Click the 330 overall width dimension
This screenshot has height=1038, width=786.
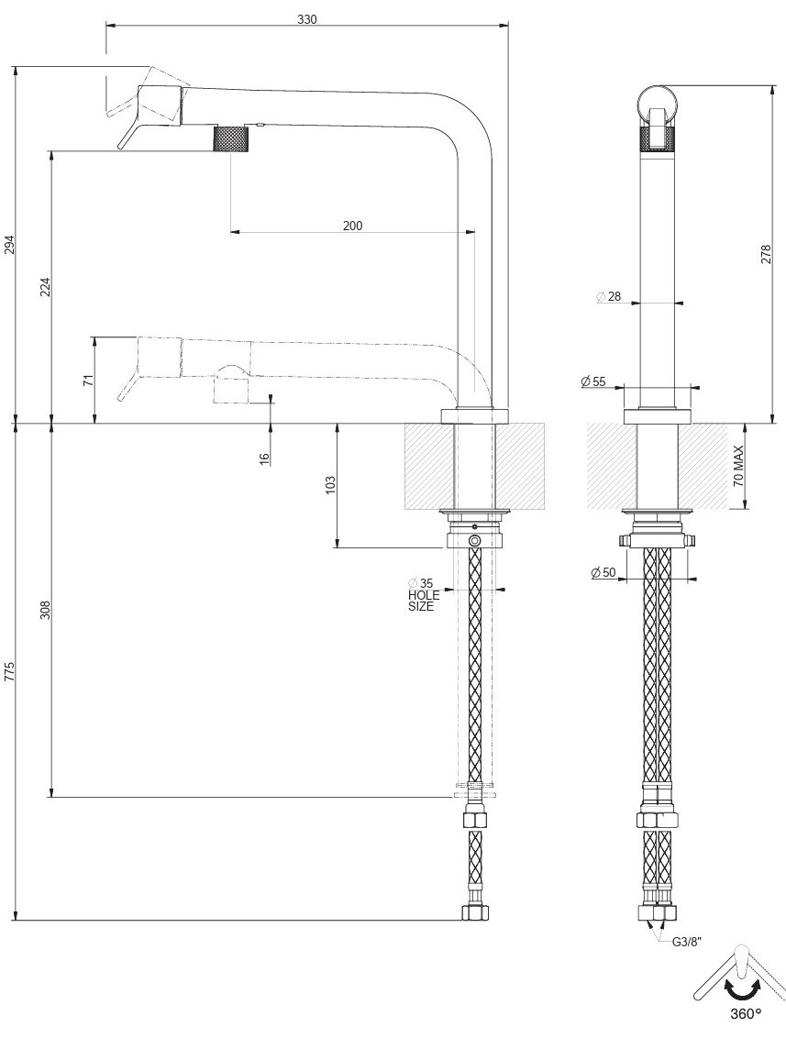pyautogui.click(x=306, y=19)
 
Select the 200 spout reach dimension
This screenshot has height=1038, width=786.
pyautogui.click(x=352, y=226)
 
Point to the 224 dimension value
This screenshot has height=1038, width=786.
pyautogui.click(x=46, y=287)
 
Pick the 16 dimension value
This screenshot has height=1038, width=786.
pyautogui.click(x=264, y=458)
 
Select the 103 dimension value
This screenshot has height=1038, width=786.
pyautogui.click(x=331, y=485)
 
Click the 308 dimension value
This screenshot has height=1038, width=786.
pyautogui.click(x=46, y=610)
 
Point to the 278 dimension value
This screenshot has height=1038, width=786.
pyautogui.click(x=767, y=255)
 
